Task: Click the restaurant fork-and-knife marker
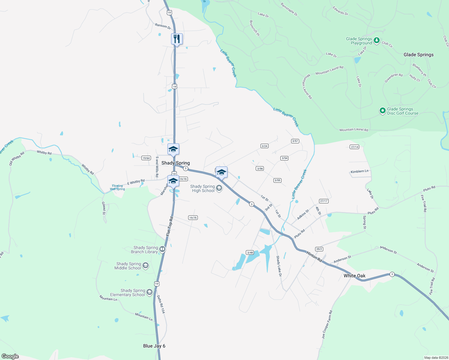177,39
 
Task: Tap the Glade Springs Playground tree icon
377,40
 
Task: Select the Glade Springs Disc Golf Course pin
382,111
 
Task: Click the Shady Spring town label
176,163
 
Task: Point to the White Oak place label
354,276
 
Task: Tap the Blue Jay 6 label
154,346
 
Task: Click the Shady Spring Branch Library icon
162,249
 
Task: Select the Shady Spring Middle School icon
146,265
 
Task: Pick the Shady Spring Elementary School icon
149,292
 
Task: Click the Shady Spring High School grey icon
219,188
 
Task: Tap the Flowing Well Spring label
117,187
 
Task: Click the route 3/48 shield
250,253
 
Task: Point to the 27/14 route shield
354,147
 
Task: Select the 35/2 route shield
319,249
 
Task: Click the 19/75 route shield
193,218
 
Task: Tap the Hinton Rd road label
314,256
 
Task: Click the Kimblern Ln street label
359,172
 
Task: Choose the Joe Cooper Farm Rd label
327,325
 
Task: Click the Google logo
10,356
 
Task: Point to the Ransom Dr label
163,26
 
